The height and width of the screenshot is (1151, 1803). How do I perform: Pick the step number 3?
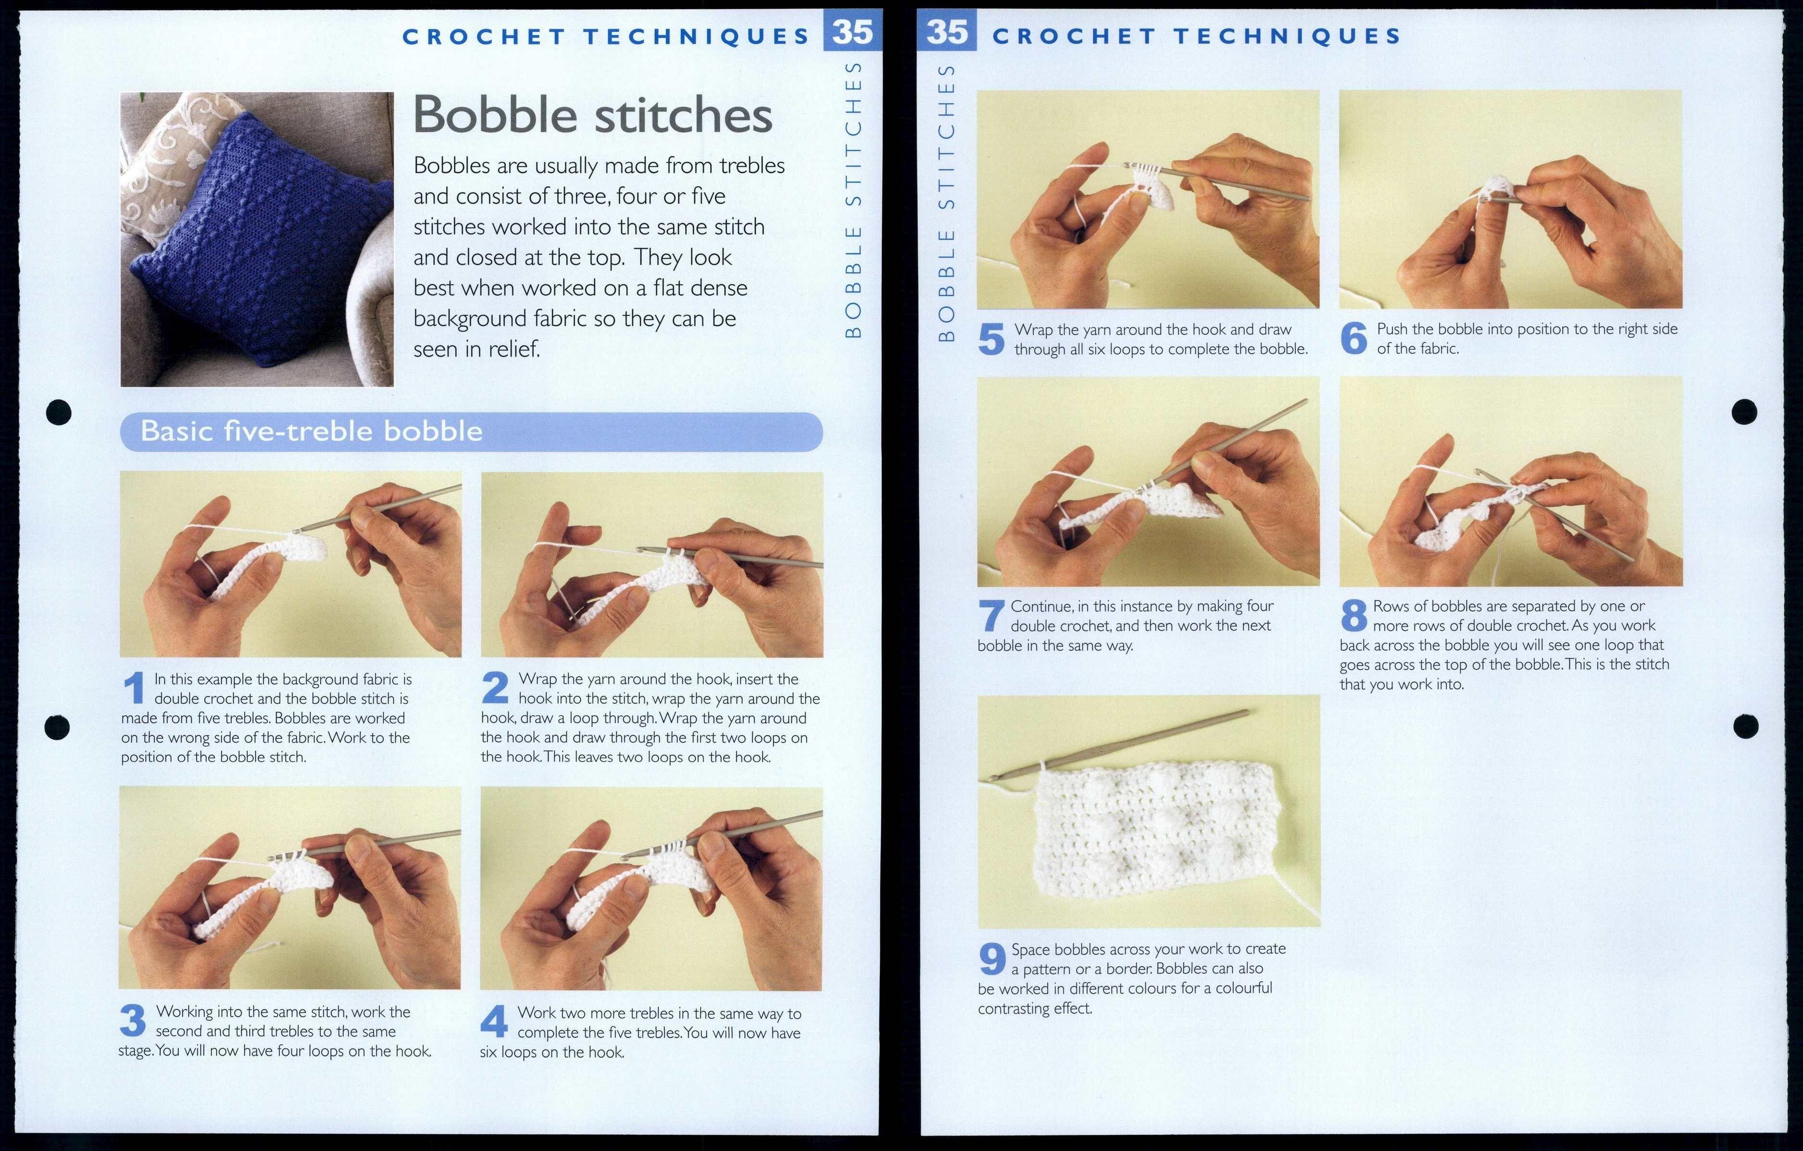click(133, 1020)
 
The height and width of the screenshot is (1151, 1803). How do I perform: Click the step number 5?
click(991, 339)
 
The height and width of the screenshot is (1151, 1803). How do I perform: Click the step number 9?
click(992, 959)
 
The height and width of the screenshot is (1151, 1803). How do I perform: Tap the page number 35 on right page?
click(947, 32)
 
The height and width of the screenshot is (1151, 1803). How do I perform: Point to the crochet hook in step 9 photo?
click(1123, 745)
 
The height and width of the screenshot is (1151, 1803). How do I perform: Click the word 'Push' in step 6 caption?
click(1391, 329)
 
